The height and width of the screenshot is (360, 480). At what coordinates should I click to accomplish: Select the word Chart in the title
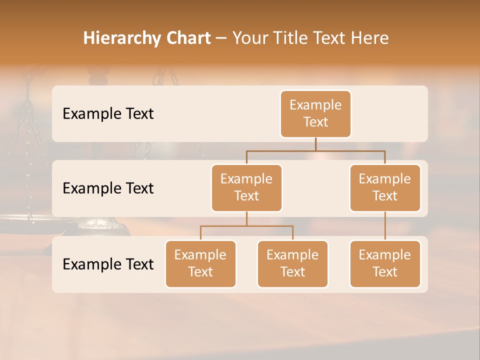(188, 38)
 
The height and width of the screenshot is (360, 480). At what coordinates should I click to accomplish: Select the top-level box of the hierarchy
(315, 114)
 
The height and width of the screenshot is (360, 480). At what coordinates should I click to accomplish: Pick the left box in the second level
(246, 188)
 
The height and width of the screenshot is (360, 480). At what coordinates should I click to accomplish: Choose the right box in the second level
(385, 188)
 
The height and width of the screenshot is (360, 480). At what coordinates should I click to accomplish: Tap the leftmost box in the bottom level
(200, 264)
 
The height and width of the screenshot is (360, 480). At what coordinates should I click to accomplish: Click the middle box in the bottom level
(292, 264)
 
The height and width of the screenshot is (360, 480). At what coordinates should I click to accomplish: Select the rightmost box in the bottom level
(385, 264)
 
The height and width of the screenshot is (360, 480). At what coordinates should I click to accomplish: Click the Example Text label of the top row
(108, 114)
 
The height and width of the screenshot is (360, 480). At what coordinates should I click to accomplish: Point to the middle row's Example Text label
(108, 188)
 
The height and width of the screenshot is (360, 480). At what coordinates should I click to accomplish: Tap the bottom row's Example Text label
(108, 264)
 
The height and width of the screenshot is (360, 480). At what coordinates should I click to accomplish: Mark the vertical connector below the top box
(315, 144)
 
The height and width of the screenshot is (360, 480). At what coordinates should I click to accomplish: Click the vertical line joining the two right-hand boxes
(385, 226)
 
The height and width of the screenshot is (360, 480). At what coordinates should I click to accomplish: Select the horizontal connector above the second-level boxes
(315, 150)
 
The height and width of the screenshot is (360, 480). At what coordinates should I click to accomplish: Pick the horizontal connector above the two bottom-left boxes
(246, 226)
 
